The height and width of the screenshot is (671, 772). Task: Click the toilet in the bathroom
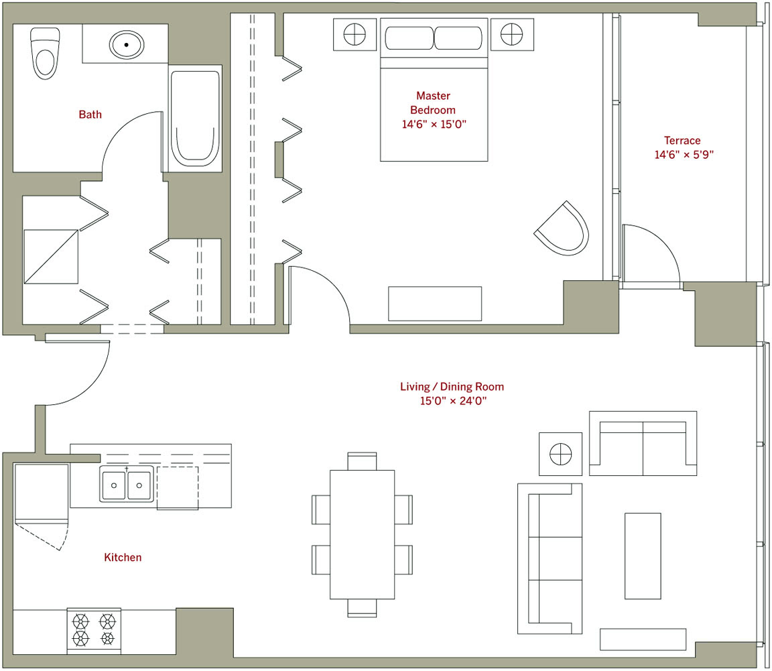pos(45,53)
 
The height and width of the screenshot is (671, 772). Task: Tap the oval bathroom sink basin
pos(127,45)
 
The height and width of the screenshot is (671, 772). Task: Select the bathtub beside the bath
pos(195,118)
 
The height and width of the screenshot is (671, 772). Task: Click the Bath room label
pos(90,115)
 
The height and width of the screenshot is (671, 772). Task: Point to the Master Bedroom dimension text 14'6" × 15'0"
pos(434,124)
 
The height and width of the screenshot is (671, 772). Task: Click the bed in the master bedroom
pos(434,90)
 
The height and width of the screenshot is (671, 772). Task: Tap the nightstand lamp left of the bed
pos(355,34)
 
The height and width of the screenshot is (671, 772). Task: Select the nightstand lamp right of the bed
pos(511,34)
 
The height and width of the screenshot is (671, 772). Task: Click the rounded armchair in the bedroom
pos(563,229)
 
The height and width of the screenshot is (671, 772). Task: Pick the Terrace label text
pos(682,140)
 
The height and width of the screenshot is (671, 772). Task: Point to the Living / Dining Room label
pos(452,387)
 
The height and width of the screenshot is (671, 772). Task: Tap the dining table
pos(362,534)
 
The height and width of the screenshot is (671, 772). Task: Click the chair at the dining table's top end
pos(362,461)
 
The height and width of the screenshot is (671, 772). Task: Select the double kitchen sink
pos(127,485)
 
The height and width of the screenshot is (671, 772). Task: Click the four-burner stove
pos(94,631)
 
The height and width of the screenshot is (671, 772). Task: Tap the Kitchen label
pos(123,557)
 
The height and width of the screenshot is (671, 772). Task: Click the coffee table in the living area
pos(643,556)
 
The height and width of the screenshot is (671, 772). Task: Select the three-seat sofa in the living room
pos(550,558)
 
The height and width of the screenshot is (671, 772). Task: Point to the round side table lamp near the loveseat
pos(560,454)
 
